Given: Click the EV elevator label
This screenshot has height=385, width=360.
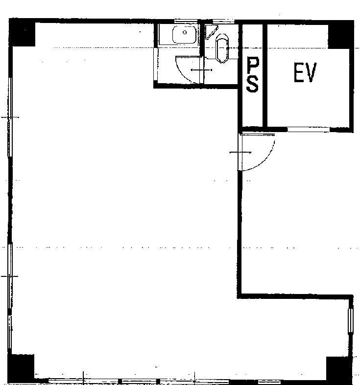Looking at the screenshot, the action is pos(305,72).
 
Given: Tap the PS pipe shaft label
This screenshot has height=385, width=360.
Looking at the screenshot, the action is pos(253,75).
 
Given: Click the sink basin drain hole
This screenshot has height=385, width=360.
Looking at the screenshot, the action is pos(185,32).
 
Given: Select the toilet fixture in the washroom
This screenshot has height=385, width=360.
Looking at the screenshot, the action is pos(222,48).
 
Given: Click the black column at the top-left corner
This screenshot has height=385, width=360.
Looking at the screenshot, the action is pos(22,33).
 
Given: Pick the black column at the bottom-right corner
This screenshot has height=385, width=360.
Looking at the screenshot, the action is pos(338,369).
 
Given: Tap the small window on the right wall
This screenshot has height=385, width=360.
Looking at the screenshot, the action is pos(350,321).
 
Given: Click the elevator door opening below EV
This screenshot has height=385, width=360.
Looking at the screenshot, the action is pos(309,130).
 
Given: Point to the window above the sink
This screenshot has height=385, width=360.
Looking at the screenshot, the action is pos(186,21).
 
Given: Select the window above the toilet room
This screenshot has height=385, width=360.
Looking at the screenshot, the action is pos(223,22).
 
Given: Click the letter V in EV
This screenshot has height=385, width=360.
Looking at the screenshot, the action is pos(311,72).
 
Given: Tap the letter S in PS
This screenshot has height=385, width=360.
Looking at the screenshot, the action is pos(253,84).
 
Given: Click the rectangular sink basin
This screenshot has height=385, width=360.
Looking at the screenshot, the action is pos(185,35).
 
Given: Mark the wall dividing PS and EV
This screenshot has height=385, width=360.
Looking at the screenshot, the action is pos(265,75).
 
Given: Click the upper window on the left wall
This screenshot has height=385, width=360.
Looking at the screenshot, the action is pos(10,117).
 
